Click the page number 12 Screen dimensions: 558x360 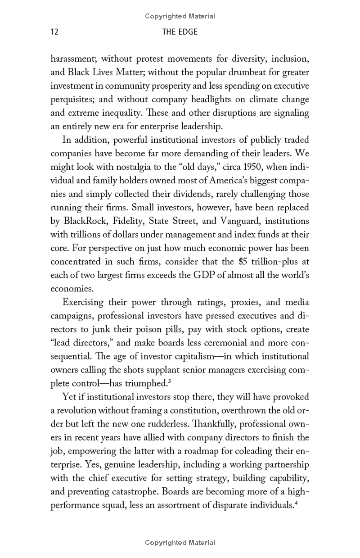point(54,32)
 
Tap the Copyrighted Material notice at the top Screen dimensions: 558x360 point(180,16)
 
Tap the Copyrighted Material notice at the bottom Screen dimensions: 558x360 point(180,543)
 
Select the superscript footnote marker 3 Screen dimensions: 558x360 point(168,381)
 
